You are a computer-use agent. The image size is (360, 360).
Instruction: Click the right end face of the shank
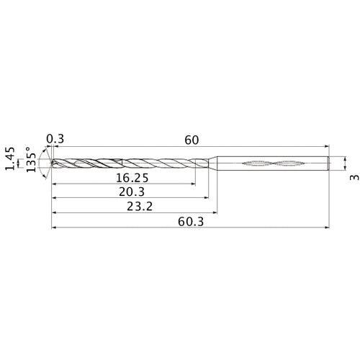(330, 164)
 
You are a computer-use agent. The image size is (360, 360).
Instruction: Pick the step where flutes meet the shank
(216, 164)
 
